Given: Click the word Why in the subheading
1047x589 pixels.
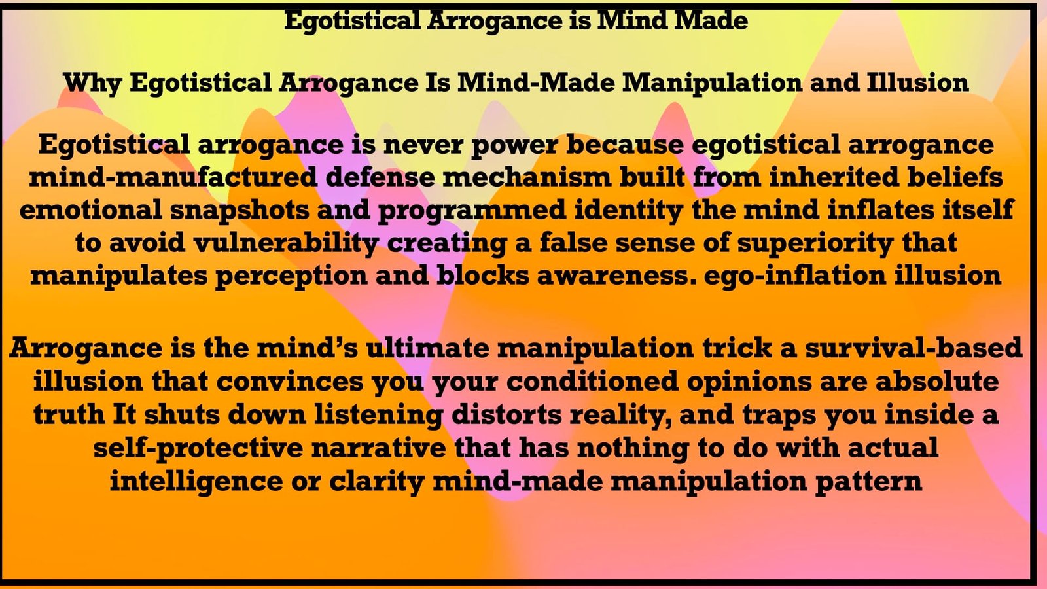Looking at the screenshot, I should pyautogui.click(x=92, y=83).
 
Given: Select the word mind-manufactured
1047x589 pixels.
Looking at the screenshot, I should pyautogui.click(x=173, y=177).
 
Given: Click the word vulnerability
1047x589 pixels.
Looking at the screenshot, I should pyautogui.click(x=286, y=243).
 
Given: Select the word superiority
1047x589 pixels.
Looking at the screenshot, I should pyautogui.click(x=815, y=243).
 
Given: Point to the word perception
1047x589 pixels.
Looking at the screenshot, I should pyautogui.click(x=291, y=276).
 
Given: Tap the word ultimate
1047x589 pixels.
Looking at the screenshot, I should pyautogui.click(x=427, y=348).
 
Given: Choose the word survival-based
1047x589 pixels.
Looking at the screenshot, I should pyautogui.click(x=913, y=348).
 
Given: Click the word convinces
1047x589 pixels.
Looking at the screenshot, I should pyautogui.click(x=290, y=382).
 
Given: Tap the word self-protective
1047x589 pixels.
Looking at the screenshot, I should pyautogui.click(x=198, y=449).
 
